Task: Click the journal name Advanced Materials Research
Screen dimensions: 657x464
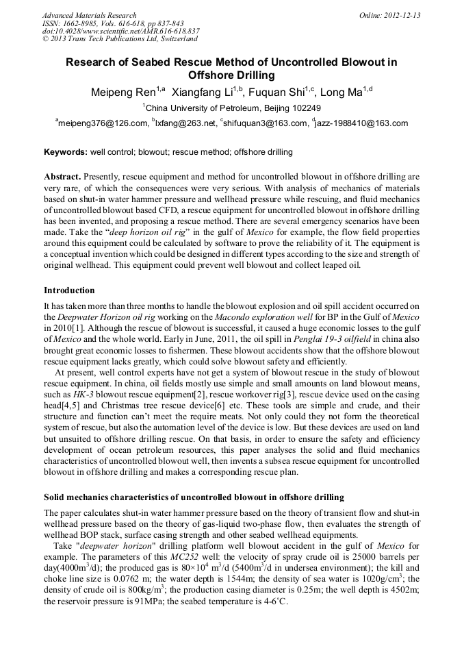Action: tap(89, 15)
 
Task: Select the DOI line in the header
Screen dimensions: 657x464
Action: tap(120, 31)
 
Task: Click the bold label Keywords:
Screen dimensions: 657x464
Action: tap(66, 152)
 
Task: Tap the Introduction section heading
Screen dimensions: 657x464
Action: tap(69, 290)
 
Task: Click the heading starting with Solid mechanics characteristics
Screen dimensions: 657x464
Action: tap(194, 497)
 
